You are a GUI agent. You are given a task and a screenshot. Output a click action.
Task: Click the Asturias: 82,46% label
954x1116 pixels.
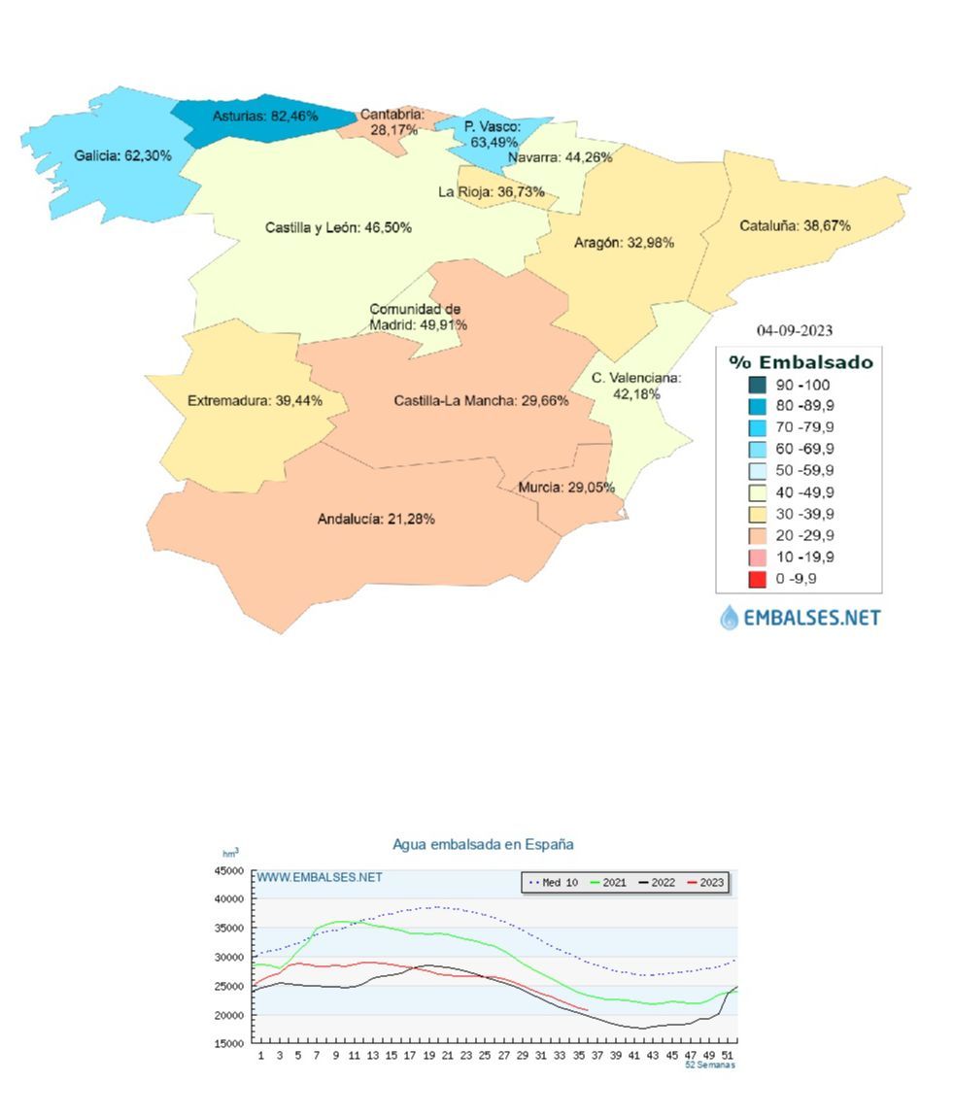pos(265,116)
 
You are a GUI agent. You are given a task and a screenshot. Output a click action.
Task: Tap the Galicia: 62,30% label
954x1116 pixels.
pos(122,155)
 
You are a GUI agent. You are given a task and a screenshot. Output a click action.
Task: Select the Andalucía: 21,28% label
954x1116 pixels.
pos(376,519)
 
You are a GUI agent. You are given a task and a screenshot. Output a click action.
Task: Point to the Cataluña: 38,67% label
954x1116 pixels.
pos(795,225)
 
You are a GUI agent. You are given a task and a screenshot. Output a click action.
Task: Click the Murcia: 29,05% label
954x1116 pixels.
pos(566,488)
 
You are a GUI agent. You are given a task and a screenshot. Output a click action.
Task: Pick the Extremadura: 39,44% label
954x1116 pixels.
pos(255,400)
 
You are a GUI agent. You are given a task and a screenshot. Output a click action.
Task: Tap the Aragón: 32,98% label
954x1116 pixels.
pos(624,243)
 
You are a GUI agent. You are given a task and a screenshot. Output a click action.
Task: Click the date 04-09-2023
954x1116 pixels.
pos(795,330)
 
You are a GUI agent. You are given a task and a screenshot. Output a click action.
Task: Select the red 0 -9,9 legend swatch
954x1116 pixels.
pos(758,579)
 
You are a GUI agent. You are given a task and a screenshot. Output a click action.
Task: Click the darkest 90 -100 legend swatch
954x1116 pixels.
pos(758,385)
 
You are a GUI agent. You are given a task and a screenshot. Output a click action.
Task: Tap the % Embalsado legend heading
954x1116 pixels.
pos(801,362)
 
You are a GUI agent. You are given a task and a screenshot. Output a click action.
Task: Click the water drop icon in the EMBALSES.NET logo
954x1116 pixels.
pos(729,617)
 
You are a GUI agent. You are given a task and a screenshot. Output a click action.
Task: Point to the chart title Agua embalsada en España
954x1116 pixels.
pos(483,844)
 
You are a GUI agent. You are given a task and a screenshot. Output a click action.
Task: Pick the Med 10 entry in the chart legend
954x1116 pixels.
pos(553,883)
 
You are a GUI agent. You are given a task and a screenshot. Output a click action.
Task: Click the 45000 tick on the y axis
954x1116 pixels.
pos(230,870)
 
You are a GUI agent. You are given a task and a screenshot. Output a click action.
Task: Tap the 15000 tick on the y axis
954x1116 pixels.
pos(230,1044)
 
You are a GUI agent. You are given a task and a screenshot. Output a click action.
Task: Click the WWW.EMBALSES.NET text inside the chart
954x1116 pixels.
pos(320,877)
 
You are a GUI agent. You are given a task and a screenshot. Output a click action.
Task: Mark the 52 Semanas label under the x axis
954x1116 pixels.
pos(709,1065)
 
